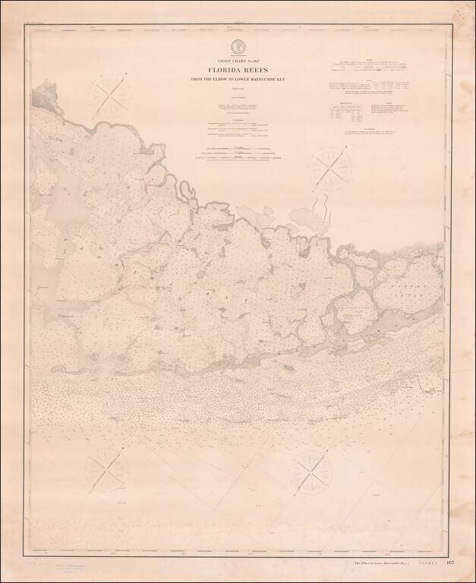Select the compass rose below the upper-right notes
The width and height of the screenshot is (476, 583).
(x=329, y=168)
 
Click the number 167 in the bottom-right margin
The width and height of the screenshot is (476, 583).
(x=450, y=563)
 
